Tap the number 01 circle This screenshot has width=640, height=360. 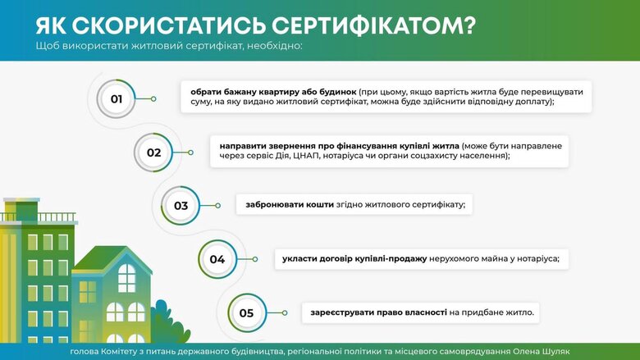point(117,99)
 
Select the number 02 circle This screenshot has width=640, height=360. point(153,152)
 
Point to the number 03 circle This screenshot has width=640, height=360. point(181,205)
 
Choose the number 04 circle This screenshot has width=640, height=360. point(217,259)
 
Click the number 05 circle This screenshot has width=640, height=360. point(246,312)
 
